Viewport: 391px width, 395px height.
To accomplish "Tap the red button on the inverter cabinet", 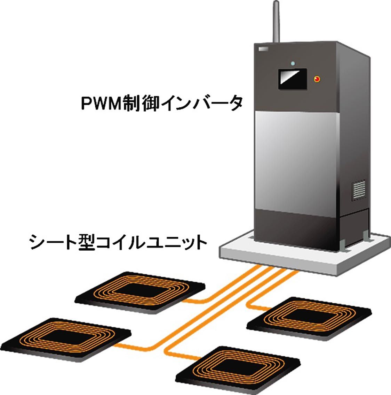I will (x=317, y=79).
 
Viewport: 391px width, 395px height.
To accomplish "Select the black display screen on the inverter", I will (x=292, y=78).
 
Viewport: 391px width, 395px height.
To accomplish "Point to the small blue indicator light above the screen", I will (x=293, y=63).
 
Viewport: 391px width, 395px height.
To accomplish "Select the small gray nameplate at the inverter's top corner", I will (x=262, y=48).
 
